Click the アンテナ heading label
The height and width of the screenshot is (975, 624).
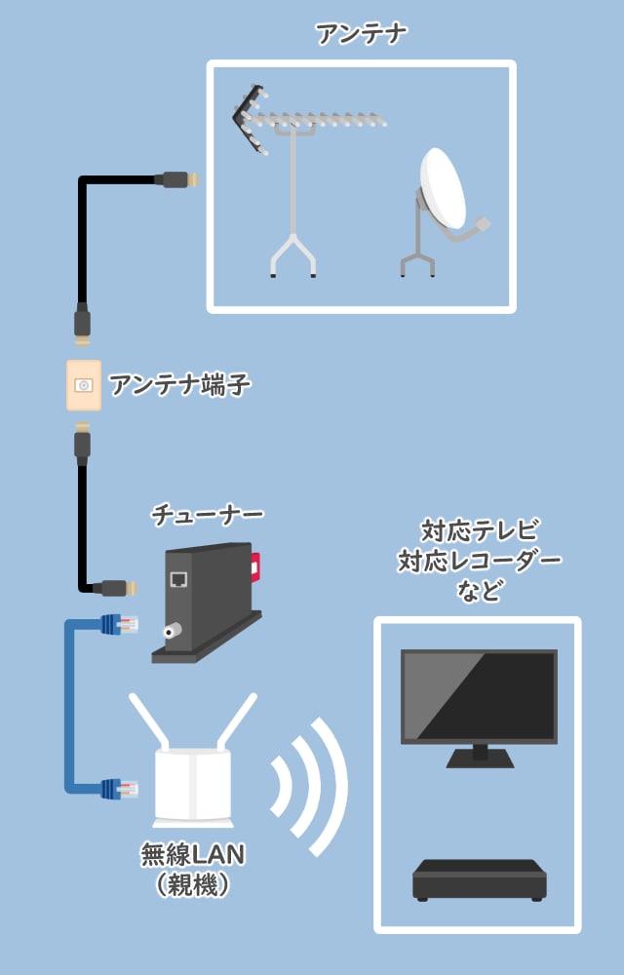click(362, 34)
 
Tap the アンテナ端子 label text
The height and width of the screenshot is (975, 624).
click(180, 386)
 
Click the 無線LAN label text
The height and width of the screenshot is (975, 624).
click(193, 855)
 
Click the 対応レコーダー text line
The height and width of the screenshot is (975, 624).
click(480, 561)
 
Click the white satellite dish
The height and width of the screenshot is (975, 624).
click(444, 189)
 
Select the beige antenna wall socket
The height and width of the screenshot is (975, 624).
click(83, 385)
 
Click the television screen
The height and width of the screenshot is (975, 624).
click(479, 696)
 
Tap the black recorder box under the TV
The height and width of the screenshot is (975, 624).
click(479, 879)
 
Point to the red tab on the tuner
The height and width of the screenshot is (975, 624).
click(255, 565)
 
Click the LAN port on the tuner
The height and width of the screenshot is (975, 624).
click(178, 580)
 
